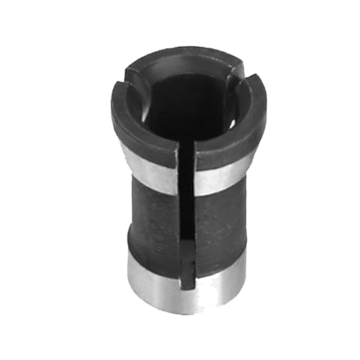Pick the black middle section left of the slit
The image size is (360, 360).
(x=155, y=216)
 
